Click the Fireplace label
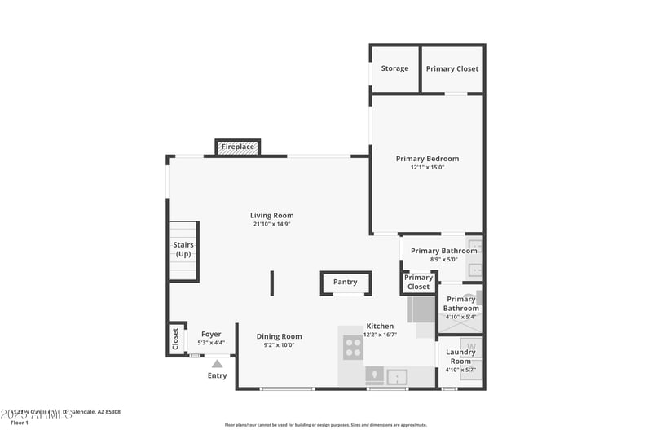click(x=238, y=147)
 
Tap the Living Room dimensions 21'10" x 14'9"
click(x=271, y=224)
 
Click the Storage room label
click(x=395, y=68)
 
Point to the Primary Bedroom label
click(x=427, y=159)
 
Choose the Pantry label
click(x=346, y=283)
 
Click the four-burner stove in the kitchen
click(x=353, y=348)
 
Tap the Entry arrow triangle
click(x=217, y=365)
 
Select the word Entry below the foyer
click(x=217, y=375)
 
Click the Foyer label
click(x=211, y=334)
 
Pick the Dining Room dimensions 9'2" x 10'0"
click(x=279, y=345)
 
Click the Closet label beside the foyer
click(x=175, y=339)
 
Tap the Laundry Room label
click(x=460, y=357)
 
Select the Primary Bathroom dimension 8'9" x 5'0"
click(x=443, y=259)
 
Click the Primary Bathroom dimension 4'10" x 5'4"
click(x=461, y=317)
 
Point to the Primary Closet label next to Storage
click(x=452, y=68)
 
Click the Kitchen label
click(x=380, y=326)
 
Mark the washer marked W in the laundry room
click(x=472, y=347)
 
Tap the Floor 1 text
click(x=20, y=423)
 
